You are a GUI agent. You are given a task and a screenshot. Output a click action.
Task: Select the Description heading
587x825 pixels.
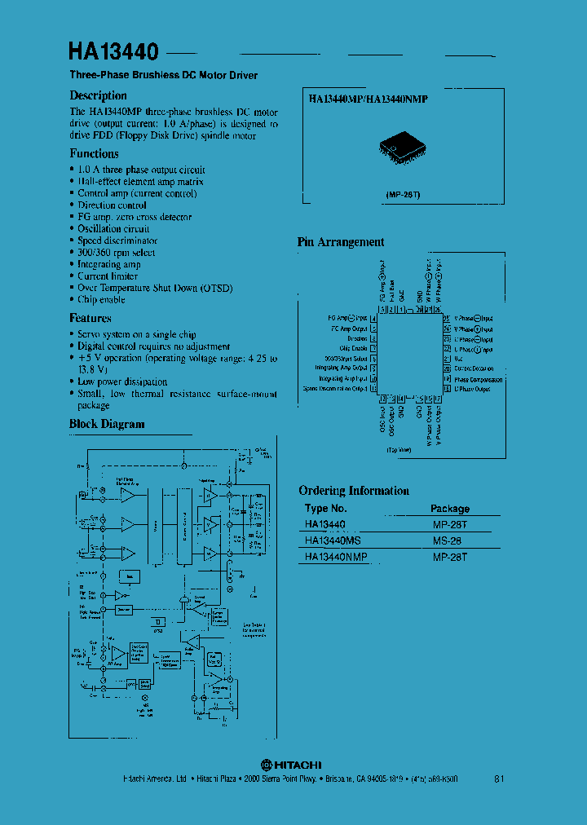tap(99, 95)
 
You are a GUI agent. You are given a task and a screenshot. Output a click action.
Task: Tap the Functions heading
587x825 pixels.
tap(94, 153)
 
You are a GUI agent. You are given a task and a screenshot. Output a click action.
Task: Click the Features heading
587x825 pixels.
tap(90, 318)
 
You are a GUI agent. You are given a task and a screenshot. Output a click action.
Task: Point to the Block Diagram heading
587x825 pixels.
tap(107, 424)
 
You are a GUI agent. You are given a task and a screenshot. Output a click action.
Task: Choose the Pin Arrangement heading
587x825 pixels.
tap(340, 242)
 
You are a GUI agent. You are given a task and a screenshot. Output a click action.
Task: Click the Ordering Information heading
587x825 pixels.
tap(354, 491)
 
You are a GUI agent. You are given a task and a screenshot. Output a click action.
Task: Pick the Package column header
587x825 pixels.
tap(450, 509)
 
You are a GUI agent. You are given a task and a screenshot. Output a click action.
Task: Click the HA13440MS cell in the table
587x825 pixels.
tap(332, 540)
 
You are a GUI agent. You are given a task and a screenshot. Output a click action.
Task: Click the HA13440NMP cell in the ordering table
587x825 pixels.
tap(336, 556)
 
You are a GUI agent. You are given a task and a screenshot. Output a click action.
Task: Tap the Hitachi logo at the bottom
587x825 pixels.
tap(291, 765)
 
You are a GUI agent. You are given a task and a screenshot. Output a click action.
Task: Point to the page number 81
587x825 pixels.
tap(499, 779)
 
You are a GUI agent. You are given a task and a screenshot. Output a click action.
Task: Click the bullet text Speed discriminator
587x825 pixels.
tap(117, 240)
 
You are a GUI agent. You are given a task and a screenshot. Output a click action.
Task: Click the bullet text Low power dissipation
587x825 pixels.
tap(122, 382)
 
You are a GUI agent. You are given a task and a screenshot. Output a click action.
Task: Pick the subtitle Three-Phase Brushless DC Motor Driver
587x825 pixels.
tap(163, 75)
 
